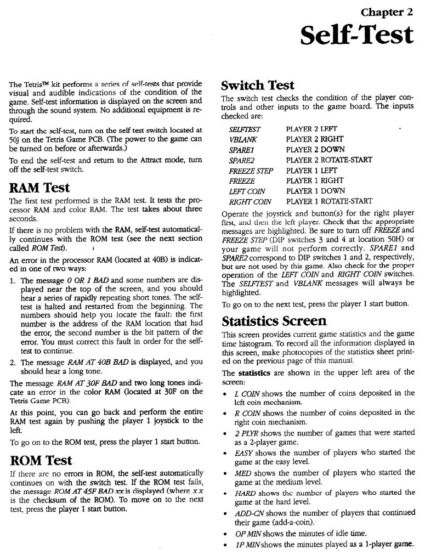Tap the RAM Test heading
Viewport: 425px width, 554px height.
(x=39, y=188)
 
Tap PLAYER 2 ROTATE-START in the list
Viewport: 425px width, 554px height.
(x=329, y=160)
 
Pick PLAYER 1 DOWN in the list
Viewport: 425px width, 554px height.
(x=315, y=191)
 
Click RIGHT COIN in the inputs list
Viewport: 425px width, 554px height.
(x=247, y=201)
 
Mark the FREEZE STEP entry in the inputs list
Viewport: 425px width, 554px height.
(x=251, y=171)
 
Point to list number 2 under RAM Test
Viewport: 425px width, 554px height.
(x=13, y=362)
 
